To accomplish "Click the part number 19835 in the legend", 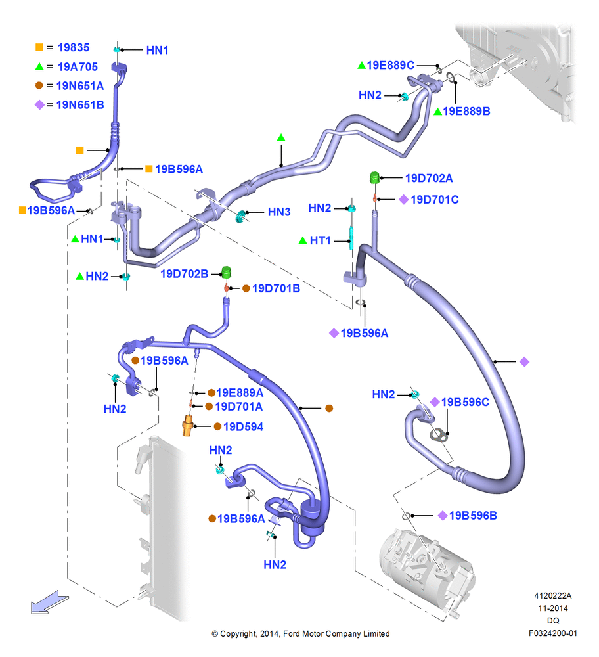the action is (x=74, y=47).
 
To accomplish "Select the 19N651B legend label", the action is (x=80, y=104).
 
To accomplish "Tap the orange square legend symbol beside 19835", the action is (x=39, y=47).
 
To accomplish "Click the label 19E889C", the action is (x=390, y=65).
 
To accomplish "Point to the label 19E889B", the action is (x=466, y=111).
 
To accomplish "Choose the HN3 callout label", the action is (x=279, y=212).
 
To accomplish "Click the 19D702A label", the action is (x=428, y=178).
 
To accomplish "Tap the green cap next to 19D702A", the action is (x=374, y=177).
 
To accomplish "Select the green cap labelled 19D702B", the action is (x=226, y=273).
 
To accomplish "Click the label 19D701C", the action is (x=434, y=200).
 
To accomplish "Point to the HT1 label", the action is (x=321, y=240).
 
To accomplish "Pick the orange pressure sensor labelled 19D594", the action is (x=187, y=426).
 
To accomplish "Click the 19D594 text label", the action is (x=244, y=426).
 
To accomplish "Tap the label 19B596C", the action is (x=465, y=402).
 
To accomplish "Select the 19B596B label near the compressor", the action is (x=473, y=515).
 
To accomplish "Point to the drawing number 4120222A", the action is (x=553, y=595).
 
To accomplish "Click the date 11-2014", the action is (x=553, y=608).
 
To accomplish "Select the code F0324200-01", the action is (x=553, y=633).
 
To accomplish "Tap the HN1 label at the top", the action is (x=157, y=51).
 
